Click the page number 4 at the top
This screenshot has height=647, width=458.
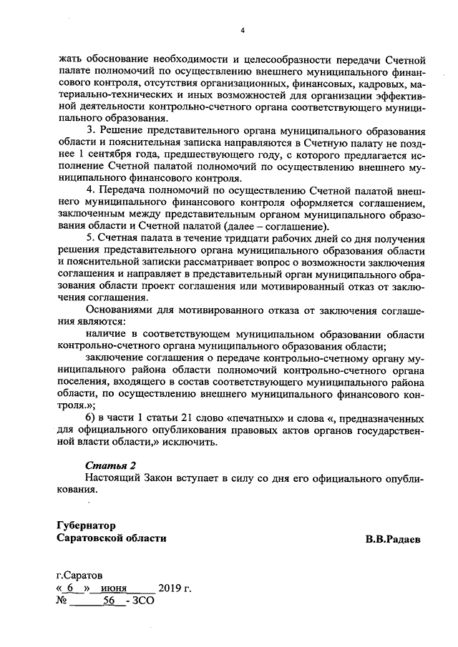point(243,30)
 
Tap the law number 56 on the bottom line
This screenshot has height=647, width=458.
point(109,601)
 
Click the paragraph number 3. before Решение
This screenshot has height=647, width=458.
point(90,132)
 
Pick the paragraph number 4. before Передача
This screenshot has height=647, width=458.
point(90,189)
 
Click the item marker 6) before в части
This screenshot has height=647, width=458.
point(90,417)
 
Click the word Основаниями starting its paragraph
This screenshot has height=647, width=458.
point(120,310)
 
